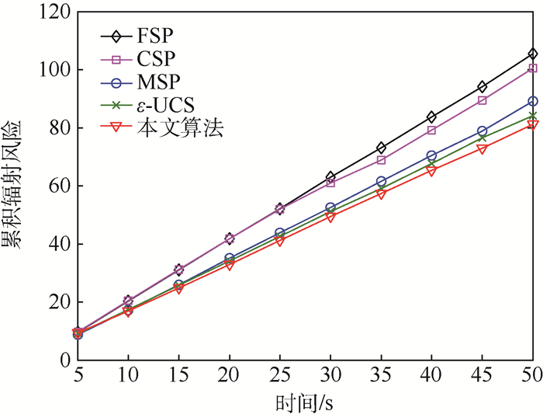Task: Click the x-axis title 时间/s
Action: click(305, 403)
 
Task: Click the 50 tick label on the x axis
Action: click(532, 375)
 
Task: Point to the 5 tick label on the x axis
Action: click(77, 375)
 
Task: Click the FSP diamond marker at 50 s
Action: click(532, 54)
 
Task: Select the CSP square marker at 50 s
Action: click(532, 68)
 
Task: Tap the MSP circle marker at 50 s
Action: click(532, 101)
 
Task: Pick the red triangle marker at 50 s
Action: click(532, 124)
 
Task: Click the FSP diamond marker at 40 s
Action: click(431, 117)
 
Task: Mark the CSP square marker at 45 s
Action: click(482, 100)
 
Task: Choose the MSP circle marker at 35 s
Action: click(381, 181)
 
